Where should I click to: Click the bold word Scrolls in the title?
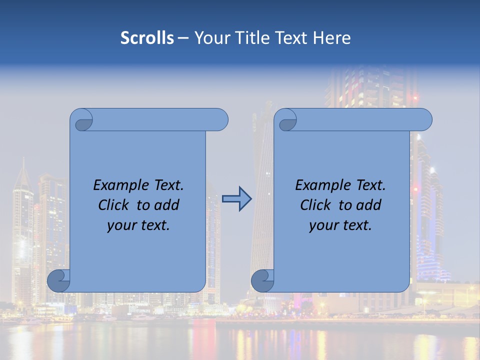[x=147, y=38]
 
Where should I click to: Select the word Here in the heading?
[x=332, y=38]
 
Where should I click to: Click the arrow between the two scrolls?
[x=236, y=199]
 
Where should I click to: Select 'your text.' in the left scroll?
[x=138, y=225]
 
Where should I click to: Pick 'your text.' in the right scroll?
[x=340, y=225]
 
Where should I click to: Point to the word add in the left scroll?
[x=167, y=205]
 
